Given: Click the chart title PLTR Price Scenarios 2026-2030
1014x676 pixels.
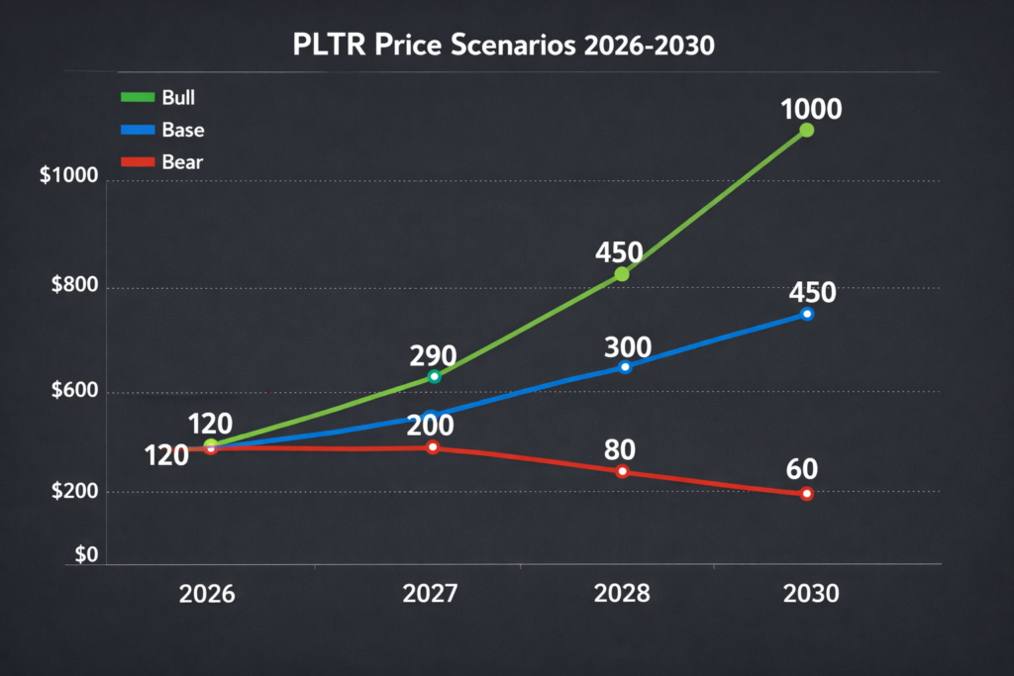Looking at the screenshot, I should click(506, 46).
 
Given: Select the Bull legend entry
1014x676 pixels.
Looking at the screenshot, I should click(163, 97).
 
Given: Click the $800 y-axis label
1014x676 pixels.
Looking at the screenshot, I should click(75, 288).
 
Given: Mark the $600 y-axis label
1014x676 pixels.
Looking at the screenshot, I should click(75, 392).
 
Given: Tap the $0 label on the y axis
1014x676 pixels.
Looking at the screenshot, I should click(86, 556).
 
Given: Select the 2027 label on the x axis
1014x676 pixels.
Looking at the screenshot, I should click(430, 594).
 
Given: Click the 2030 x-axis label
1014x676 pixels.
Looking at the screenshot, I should click(810, 594).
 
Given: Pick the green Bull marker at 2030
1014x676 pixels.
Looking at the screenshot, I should click(806, 130).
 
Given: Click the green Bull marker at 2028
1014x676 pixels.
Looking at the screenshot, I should click(622, 274).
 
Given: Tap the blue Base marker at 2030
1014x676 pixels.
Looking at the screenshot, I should click(807, 314).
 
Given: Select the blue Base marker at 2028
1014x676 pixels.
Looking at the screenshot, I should click(625, 367).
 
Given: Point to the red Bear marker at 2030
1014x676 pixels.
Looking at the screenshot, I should click(807, 494).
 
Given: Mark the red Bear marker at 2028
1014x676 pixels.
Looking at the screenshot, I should click(623, 471).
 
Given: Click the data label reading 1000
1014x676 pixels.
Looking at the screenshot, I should click(811, 108).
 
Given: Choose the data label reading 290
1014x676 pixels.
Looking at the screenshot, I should click(433, 354).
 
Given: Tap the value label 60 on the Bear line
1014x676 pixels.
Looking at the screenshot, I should click(809, 467).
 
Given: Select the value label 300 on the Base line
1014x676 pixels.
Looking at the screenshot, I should click(627, 347).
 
